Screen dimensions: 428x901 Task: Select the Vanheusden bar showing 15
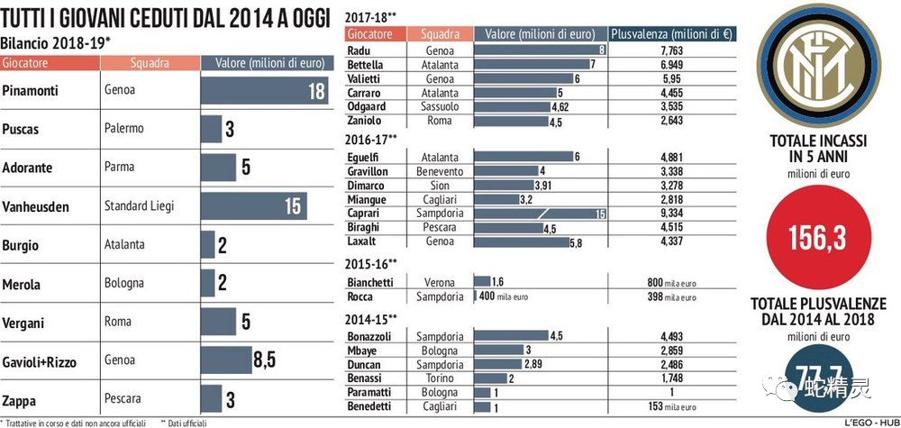[252, 206]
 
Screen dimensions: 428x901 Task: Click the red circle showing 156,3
[818, 238]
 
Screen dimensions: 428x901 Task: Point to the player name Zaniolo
[366, 121]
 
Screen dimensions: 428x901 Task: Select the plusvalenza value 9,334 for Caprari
[671, 214]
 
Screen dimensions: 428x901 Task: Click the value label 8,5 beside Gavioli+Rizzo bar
[264, 360]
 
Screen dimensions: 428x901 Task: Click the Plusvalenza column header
[672, 34]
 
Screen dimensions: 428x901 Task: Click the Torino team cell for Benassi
[440, 378]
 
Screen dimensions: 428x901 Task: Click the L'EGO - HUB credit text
[867, 422]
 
